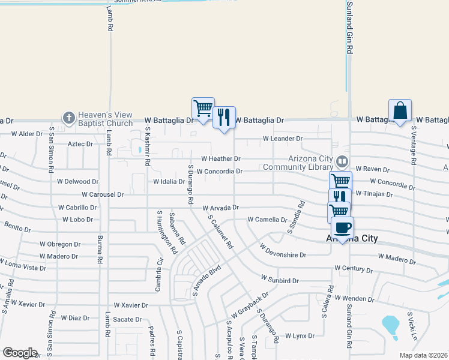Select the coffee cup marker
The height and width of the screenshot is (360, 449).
tap(342, 228)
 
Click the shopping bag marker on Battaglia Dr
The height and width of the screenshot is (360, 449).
tap(400, 111)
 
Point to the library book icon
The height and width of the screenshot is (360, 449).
tap(342, 161)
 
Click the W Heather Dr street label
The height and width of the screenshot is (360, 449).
tap(220, 159)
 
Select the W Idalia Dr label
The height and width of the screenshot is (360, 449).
tap(169, 181)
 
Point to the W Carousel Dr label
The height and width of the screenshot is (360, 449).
tap(103, 194)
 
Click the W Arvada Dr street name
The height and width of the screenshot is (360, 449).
tap(221, 208)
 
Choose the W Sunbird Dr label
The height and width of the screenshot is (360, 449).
tap(280, 280)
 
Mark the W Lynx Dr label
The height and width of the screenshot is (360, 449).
tap(300, 336)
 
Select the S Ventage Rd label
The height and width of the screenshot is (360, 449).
tap(414, 145)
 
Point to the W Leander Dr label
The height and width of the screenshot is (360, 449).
tap(282, 139)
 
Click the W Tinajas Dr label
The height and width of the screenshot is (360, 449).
tap(374, 194)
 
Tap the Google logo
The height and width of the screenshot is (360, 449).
tap(20, 353)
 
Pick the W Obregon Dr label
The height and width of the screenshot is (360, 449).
tap(60, 244)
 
